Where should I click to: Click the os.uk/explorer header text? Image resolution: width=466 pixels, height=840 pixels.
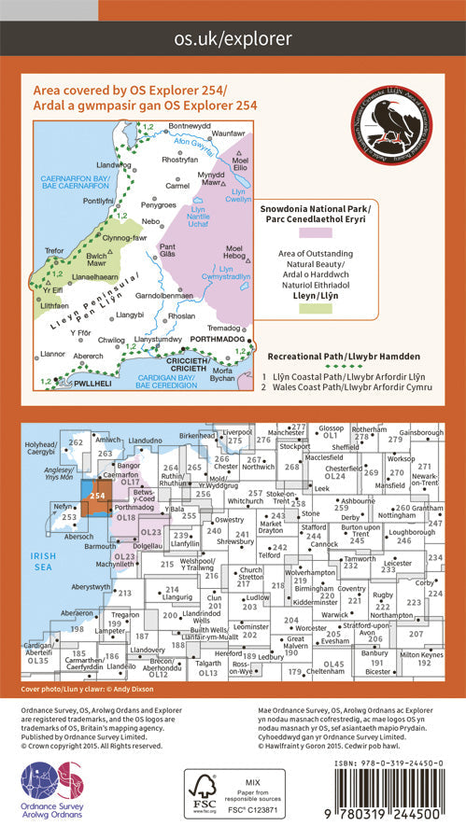tap(233, 38)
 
